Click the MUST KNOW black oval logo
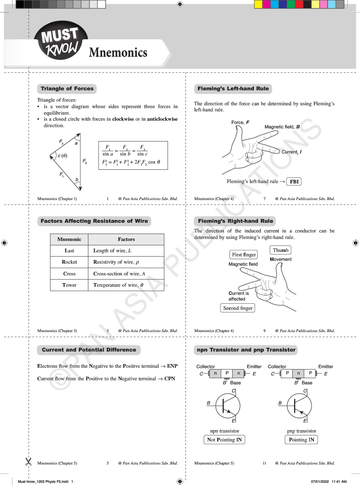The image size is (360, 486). (61, 40)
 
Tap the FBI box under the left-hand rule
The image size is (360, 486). (294, 182)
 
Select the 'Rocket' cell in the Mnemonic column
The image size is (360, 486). (69, 262)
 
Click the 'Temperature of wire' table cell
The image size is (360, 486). (126, 285)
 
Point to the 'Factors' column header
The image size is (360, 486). (126, 239)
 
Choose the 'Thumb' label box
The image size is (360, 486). (281, 250)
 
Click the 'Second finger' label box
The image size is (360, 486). (238, 308)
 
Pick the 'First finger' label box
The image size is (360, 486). (244, 255)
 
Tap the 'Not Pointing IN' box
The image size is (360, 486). (224, 440)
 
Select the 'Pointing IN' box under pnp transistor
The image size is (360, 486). (301, 440)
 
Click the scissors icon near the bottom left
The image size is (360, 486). (28, 461)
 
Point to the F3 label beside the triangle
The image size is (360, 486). (85, 162)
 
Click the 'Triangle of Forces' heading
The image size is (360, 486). (67, 89)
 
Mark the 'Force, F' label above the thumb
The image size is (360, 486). (241, 122)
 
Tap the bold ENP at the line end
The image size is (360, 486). (172, 366)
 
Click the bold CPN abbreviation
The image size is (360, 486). (170, 379)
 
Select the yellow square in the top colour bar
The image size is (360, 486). (258, 4)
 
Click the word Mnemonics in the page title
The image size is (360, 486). (118, 52)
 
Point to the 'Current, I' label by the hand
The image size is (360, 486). (292, 152)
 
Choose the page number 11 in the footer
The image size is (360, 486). (264, 463)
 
